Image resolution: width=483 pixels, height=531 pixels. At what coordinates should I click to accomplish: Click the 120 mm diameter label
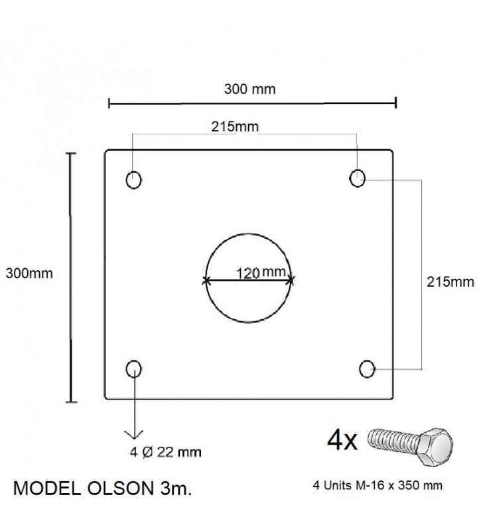click(261, 272)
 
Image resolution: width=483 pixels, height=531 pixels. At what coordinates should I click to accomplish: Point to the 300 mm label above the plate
click(249, 89)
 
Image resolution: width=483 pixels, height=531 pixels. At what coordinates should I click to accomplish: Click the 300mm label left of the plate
click(29, 273)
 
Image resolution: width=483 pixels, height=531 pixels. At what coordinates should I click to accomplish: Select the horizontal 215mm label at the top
click(235, 127)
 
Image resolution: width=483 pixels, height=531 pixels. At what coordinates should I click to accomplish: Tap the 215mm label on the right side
click(450, 281)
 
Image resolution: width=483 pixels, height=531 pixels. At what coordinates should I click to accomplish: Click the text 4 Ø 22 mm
click(165, 452)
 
